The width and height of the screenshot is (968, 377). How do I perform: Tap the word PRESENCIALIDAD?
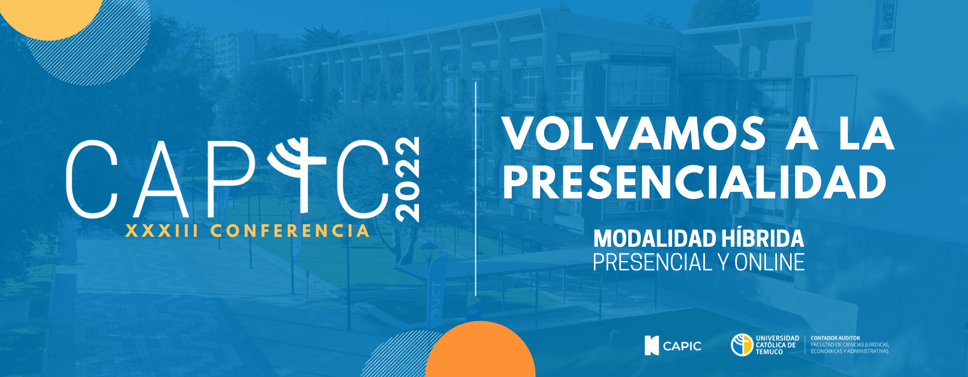tap(695, 182)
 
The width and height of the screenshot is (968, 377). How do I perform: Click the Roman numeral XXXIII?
tap(162, 231)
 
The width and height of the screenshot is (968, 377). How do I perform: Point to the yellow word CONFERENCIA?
tap(290, 231)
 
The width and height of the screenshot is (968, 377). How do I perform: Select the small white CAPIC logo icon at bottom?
tap(651, 346)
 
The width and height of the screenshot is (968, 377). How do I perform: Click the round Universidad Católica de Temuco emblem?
tap(742, 345)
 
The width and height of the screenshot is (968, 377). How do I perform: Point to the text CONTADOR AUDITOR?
tap(835, 338)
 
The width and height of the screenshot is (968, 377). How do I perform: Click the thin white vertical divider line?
tap(475, 188)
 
